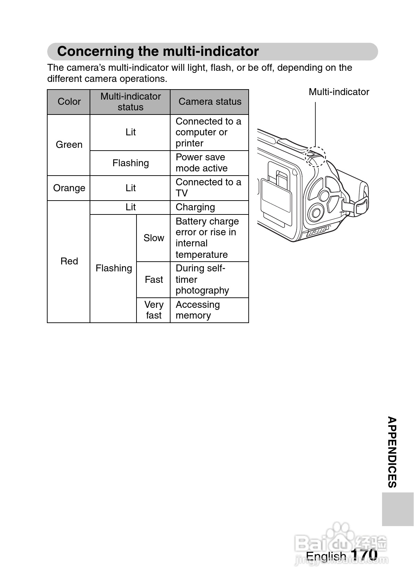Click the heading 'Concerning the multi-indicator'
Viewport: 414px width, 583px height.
coord(158,51)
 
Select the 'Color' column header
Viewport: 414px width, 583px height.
coord(69,102)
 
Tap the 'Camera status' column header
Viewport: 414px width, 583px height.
coord(209,102)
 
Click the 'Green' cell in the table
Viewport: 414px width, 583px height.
coord(69,145)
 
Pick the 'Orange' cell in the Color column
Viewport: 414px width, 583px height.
coord(69,188)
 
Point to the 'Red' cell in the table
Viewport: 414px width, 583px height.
coord(69,261)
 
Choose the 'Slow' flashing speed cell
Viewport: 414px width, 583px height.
coord(154,238)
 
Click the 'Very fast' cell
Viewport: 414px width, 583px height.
coord(154,310)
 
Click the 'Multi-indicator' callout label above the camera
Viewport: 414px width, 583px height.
coord(339,92)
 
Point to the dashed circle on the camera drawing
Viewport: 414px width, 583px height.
coord(315,157)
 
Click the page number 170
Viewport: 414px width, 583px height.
coord(364,555)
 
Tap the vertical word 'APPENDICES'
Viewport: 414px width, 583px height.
coord(392,452)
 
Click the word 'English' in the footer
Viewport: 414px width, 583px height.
coord(326,556)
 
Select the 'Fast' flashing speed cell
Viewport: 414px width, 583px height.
coord(154,280)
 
